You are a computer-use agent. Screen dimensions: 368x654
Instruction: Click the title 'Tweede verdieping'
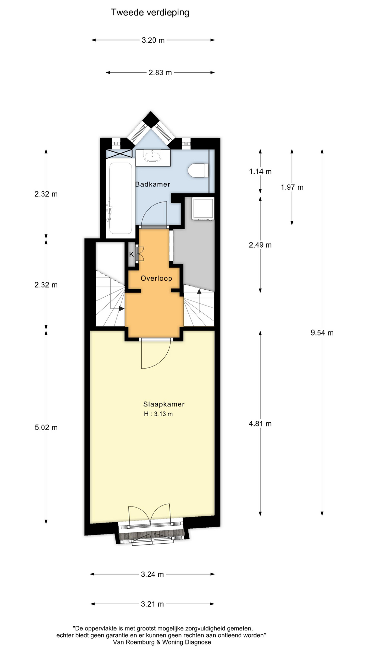tap(150, 13)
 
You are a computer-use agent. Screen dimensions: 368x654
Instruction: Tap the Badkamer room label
tap(153, 184)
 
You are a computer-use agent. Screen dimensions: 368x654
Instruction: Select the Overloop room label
tap(156, 278)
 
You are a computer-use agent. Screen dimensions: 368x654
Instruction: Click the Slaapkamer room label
tap(164, 404)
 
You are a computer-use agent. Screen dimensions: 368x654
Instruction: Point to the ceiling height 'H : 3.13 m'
tap(158, 414)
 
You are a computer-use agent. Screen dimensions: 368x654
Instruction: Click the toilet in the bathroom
tap(198, 170)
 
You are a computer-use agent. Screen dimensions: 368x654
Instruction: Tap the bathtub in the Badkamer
tap(121, 198)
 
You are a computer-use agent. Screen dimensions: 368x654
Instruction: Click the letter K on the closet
tap(132, 254)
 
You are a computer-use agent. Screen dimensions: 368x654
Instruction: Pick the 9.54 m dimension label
tap(322, 333)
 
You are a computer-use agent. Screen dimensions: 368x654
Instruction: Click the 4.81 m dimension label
tap(260, 424)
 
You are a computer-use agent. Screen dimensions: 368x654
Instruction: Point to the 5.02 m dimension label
tap(46, 427)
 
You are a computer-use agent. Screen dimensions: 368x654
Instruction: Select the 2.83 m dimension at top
tap(160, 73)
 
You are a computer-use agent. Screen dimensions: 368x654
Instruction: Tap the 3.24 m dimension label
tap(152, 574)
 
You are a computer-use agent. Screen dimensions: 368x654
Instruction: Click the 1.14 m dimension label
tap(260, 172)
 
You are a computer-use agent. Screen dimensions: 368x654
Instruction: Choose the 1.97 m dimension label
tap(292, 187)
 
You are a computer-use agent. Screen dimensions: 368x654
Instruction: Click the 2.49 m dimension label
tap(260, 245)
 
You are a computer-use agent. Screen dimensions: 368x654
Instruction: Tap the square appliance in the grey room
tap(203, 208)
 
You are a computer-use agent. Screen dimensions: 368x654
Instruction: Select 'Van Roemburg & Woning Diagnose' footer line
tap(162, 642)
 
